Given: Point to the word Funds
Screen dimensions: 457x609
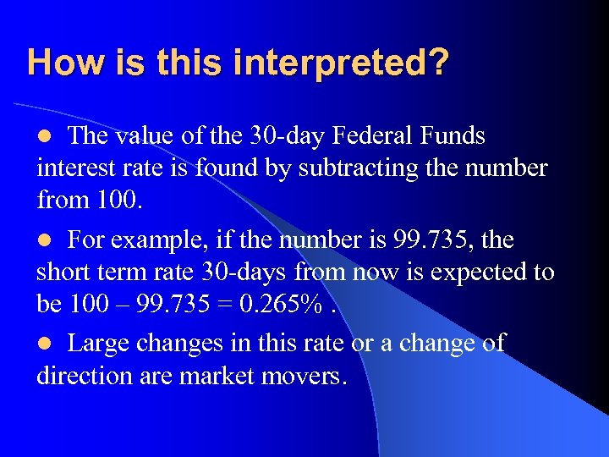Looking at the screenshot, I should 451,135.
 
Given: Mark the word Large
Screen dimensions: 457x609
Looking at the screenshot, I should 99,344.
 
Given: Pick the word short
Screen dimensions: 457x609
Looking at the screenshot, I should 64,273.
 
